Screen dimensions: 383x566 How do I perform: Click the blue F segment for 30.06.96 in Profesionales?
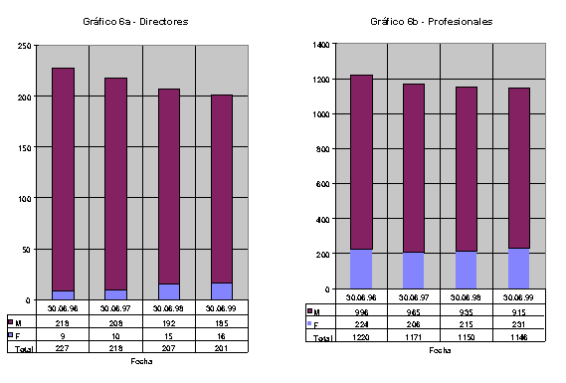click(361, 269)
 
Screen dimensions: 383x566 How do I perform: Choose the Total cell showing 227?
click(64, 347)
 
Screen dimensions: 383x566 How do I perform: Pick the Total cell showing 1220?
click(361, 338)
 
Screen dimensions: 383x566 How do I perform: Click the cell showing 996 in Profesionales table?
click(361, 311)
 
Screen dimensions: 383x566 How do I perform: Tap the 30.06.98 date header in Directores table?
click(169, 308)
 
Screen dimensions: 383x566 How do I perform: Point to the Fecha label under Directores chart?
click(141, 361)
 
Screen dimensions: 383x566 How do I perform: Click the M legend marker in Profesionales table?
click(311, 311)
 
